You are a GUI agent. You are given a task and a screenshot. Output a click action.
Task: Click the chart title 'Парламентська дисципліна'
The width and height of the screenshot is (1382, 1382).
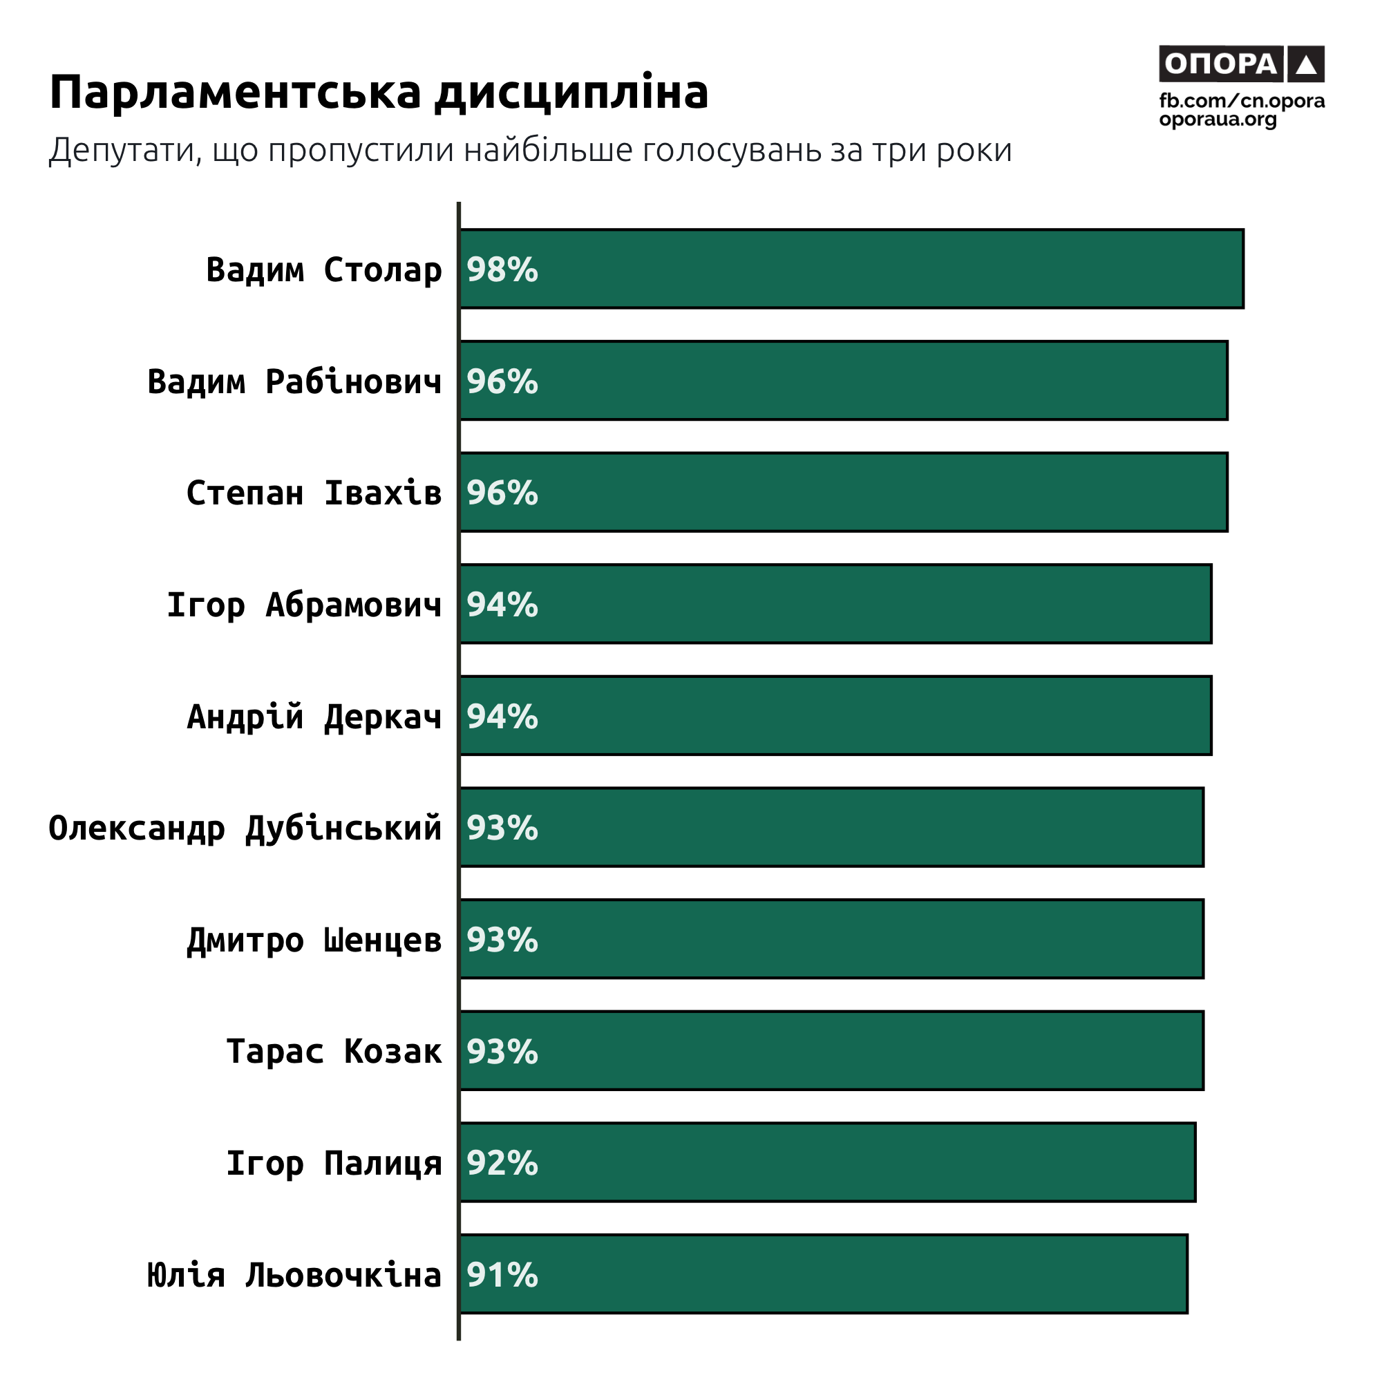[379, 93]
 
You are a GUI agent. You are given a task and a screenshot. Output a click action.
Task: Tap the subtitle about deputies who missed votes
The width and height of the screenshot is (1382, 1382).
[530, 151]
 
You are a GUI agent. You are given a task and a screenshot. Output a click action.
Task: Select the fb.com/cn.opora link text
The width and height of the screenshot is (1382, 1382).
[1242, 101]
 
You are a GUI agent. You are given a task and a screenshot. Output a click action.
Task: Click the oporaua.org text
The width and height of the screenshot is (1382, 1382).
[1218, 119]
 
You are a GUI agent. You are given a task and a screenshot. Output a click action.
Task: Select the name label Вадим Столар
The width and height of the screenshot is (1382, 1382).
[324, 269]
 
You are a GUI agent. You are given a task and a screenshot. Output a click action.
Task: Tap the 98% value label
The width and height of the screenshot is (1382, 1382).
[502, 269]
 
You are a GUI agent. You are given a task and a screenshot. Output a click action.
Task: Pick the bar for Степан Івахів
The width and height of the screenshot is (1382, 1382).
[844, 492]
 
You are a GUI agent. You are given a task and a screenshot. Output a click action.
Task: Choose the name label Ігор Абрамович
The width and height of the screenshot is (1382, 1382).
[304, 605]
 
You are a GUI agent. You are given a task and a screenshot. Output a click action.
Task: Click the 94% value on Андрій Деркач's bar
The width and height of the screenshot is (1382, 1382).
[502, 716]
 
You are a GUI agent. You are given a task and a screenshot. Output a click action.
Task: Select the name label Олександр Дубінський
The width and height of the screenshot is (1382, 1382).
[245, 828]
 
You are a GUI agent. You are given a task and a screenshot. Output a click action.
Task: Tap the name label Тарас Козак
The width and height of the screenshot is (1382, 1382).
[334, 1051]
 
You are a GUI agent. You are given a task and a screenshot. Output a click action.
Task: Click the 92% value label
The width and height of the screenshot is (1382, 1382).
[502, 1162]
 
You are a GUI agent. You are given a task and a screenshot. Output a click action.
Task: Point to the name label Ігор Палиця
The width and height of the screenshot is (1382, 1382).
[334, 1162]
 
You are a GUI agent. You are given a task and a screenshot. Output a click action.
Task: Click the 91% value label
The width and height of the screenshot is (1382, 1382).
[502, 1274]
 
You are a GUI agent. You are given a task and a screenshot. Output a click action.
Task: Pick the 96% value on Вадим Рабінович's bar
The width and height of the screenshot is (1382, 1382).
[502, 381]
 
